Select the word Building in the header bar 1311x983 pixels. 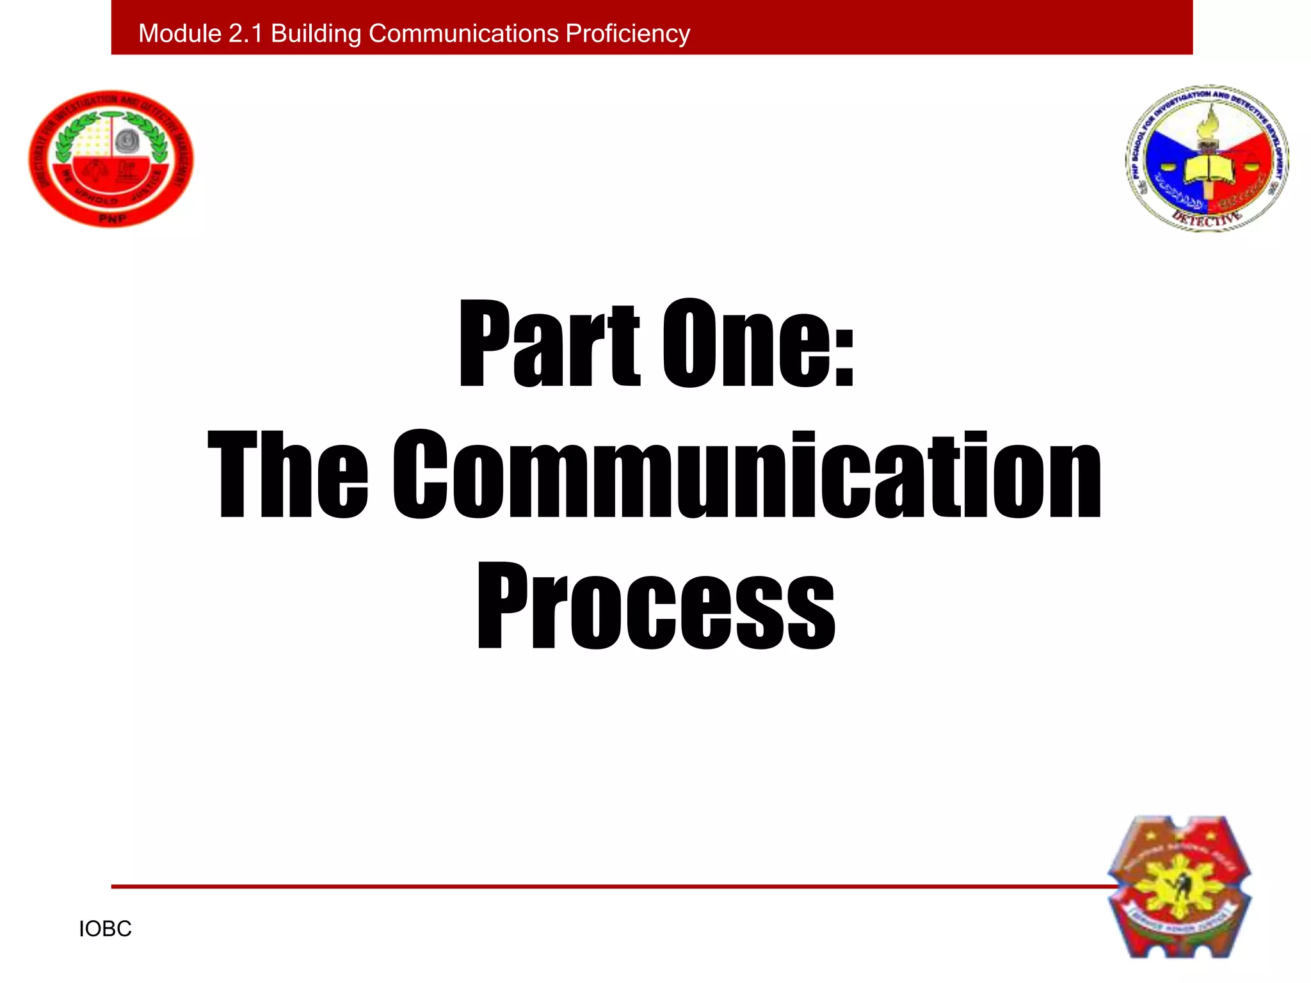pos(316,33)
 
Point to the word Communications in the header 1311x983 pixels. pos(463,33)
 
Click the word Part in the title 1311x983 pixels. pos(549,346)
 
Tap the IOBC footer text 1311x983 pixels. pos(105,929)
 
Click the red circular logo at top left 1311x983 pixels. pos(111,158)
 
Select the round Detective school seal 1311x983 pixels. pos(1207,158)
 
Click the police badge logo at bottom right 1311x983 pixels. pos(1179,886)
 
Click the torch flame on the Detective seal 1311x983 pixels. pos(1209,122)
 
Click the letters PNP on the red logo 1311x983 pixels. pos(113,218)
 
